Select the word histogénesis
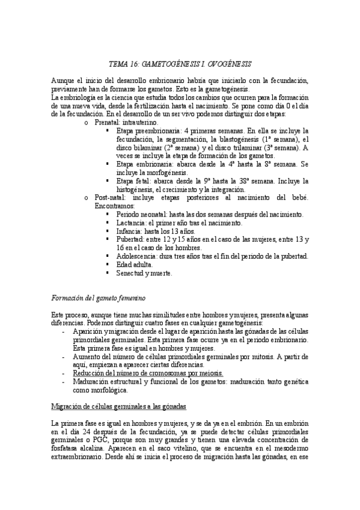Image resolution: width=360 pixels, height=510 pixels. click(137, 189)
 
